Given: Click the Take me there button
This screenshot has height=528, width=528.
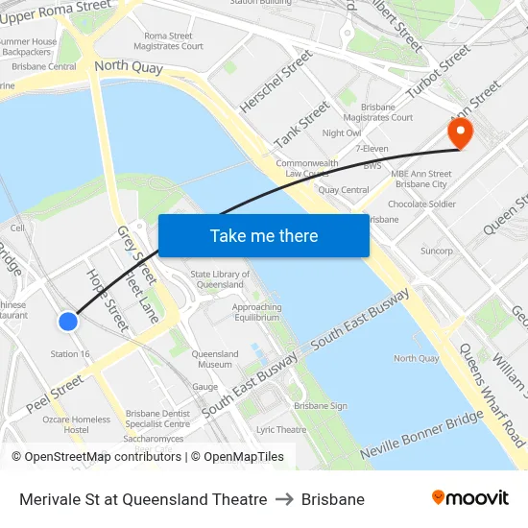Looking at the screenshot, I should [264, 235].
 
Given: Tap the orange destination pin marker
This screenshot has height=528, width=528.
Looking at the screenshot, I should [460, 132].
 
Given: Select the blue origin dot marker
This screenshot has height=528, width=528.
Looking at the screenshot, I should [68, 322].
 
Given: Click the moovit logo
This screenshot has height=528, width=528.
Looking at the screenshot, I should [470, 498].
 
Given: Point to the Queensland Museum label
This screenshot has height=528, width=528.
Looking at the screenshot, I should [215, 359].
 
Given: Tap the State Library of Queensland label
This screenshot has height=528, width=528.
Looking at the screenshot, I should [220, 279].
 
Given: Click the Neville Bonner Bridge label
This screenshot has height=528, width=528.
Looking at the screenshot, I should [421, 434].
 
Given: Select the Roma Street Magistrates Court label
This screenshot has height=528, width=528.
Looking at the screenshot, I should [174, 40].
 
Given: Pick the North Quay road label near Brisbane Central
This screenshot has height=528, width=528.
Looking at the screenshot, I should [129, 68].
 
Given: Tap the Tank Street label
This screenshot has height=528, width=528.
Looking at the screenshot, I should [301, 126].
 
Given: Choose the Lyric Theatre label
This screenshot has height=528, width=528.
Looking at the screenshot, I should [280, 430].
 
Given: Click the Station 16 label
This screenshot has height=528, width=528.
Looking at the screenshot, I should [70, 354].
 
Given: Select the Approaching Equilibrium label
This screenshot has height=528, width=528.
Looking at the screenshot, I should [257, 312].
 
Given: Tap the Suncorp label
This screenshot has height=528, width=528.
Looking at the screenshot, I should [437, 251].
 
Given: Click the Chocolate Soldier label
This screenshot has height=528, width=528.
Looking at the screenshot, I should [421, 204].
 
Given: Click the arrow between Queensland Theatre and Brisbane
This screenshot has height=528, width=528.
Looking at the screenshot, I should [284, 499].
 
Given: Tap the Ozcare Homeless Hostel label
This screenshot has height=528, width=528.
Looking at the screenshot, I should [77, 424].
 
